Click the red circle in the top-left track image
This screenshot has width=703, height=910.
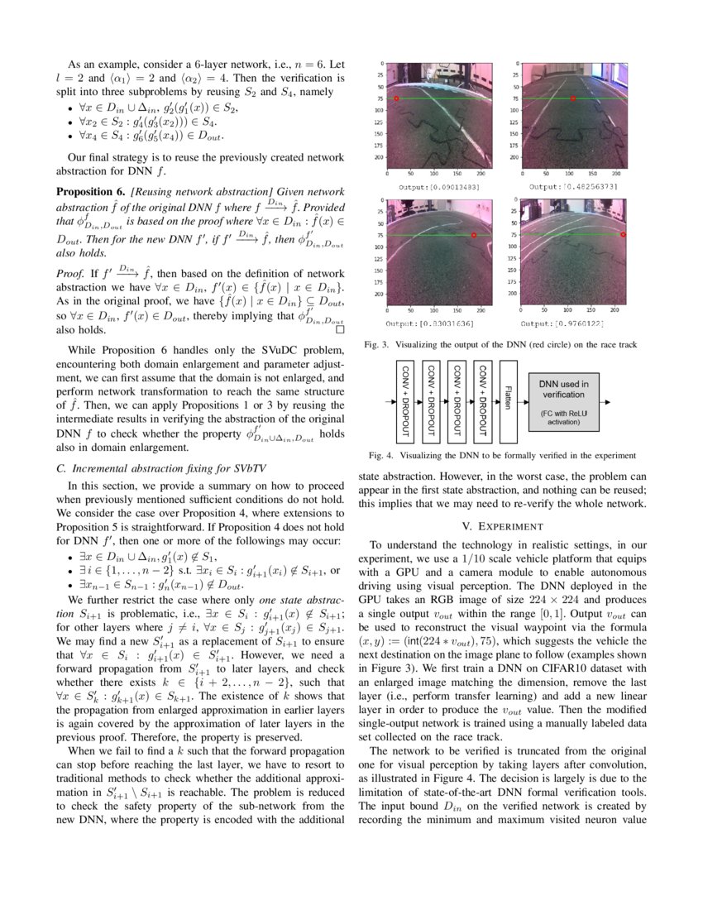pos(396,98)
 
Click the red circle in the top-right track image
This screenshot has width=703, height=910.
pos(572,98)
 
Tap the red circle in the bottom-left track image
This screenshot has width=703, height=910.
pos(473,236)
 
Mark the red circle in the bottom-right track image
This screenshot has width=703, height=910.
pos(623,235)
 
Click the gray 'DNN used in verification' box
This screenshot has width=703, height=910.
pos(565,401)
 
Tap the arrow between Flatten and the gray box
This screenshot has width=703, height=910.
pos(523,401)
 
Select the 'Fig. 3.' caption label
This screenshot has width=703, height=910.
pos(376,344)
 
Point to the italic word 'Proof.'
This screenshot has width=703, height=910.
pos(69,271)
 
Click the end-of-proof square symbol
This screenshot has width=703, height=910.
pos(338,328)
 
